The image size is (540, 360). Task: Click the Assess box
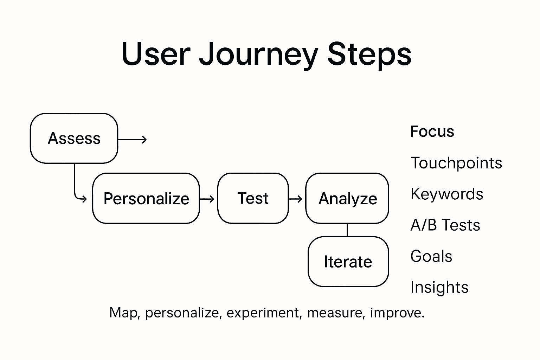pyautogui.click(x=74, y=138)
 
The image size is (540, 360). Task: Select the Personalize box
pyautogui.click(x=146, y=198)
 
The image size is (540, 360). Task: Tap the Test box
pyautogui.click(x=253, y=198)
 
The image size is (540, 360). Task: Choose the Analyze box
pyautogui.click(x=347, y=198)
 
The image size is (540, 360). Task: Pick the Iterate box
pyautogui.click(x=348, y=262)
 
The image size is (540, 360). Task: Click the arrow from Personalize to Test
pyautogui.click(x=207, y=199)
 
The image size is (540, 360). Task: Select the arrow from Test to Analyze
pyautogui.click(x=296, y=199)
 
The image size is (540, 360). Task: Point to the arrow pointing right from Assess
pyautogui.click(x=132, y=140)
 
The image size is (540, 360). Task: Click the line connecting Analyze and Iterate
pyautogui.click(x=347, y=230)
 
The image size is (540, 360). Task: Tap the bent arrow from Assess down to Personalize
pyautogui.click(x=75, y=186)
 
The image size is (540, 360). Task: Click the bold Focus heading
pyautogui.click(x=432, y=131)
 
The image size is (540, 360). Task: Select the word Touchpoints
pyautogui.click(x=456, y=163)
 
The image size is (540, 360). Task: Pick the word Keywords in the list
pyautogui.click(x=446, y=194)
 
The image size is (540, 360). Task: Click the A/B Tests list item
pyautogui.click(x=445, y=225)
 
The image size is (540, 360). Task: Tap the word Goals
pyautogui.click(x=431, y=256)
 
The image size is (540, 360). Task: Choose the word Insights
pyautogui.click(x=439, y=287)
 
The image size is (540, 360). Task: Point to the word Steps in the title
pyautogui.click(x=369, y=54)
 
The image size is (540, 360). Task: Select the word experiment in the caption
pyautogui.click(x=264, y=313)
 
